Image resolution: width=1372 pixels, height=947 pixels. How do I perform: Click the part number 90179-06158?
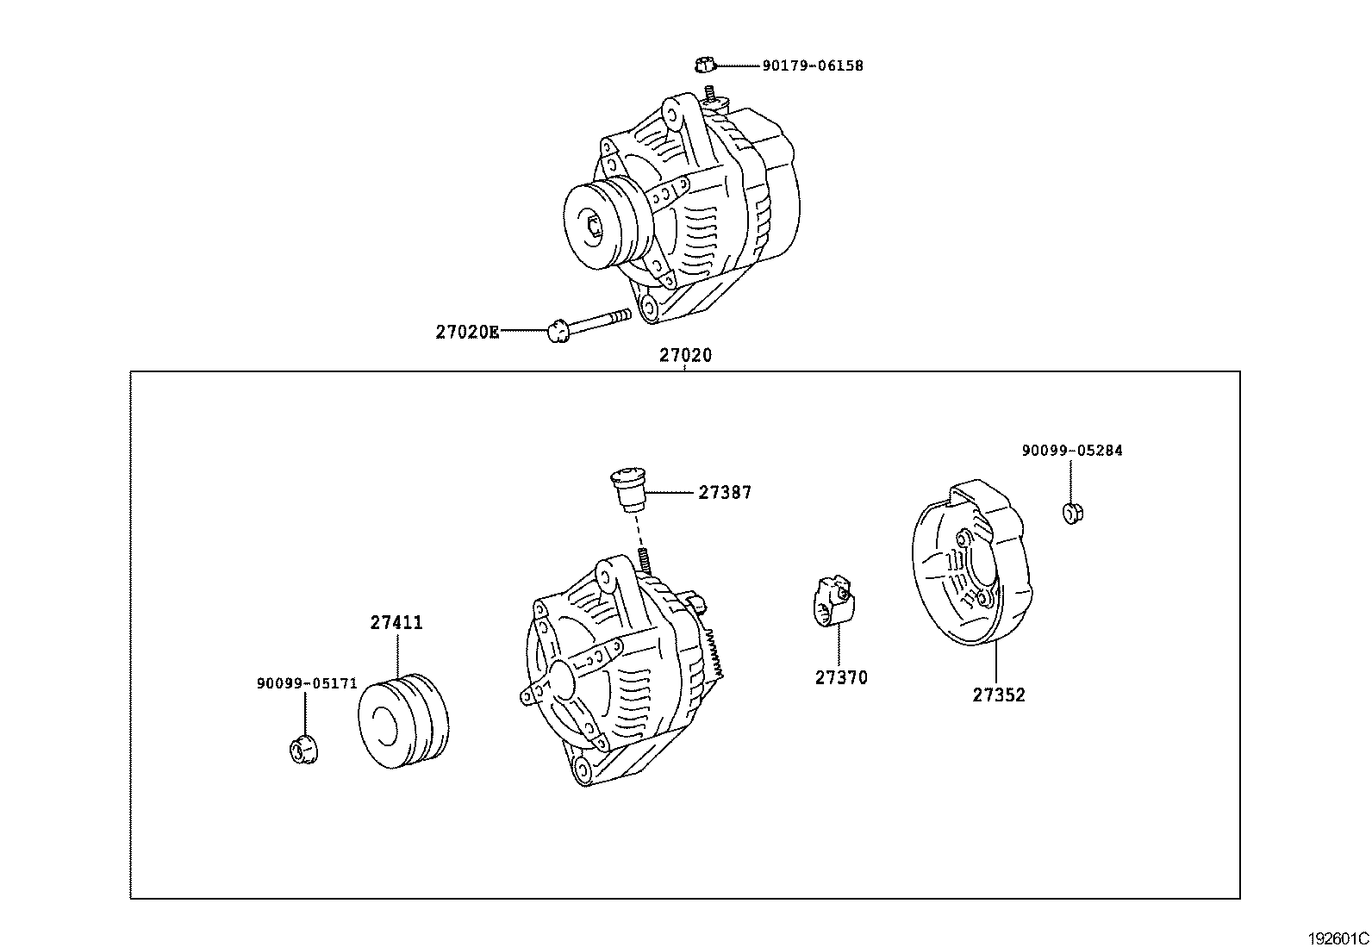click(812, 65)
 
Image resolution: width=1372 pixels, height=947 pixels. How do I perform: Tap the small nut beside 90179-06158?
click(703, 64)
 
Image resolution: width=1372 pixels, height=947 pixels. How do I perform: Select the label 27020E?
click(466, 332)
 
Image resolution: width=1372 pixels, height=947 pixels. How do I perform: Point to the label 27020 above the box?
click(686, 355)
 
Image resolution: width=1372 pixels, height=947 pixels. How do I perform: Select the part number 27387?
click(724, 493)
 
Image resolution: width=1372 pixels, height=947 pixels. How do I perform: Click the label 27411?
click(396, 622)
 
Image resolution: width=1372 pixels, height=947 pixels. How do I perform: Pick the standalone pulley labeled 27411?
click(403, 721)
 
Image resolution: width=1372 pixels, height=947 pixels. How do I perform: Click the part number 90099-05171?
click(306, 683)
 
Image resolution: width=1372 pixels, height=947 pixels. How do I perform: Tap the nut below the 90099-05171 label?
click(302, 749)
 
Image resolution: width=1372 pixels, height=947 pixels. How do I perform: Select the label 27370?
click(841, 677)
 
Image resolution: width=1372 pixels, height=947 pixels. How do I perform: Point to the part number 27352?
click(999, 695)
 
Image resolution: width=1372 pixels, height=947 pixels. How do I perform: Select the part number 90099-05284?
click(1072, 451)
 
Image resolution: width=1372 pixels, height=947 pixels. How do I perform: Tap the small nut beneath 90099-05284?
click(1071, 513)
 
